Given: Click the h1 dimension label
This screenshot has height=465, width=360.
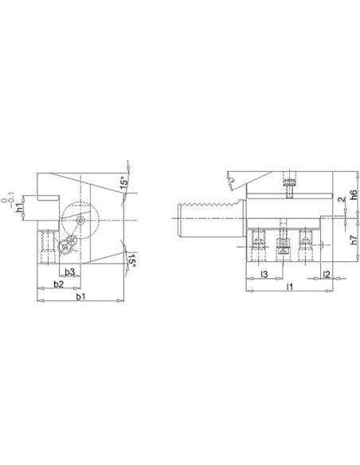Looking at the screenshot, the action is coord(20,208).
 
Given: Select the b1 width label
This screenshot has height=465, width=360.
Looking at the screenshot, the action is coord(80,296).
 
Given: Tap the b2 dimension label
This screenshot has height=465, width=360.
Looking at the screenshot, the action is coord(59,283).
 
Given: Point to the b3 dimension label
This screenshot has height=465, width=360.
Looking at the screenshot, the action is coord(69,272).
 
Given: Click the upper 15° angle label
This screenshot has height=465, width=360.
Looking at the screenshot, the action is coord(124,182).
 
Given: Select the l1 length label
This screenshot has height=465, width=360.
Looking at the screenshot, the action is coord(289,287).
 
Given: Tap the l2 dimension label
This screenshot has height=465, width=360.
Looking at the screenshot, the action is coord(327,275).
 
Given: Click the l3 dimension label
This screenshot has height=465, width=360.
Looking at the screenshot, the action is coord(264,275).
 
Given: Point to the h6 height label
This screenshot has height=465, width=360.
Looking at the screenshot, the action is coord(353,194).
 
